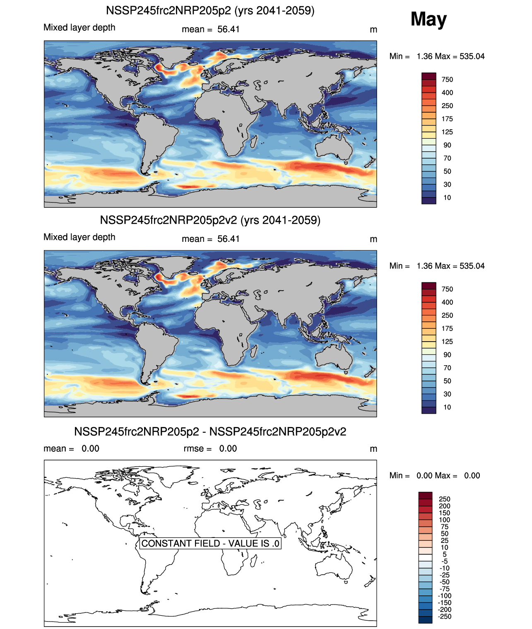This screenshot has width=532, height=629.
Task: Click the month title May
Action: click(428, 19)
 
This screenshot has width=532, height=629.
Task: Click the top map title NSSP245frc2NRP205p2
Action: click(210, 10)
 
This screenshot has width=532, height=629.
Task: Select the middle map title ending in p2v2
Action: click(210, 220)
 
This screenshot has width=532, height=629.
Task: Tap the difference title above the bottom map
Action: click(210, 431)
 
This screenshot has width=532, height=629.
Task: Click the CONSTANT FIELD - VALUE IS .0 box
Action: click(210, 543)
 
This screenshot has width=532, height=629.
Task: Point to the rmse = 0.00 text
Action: click(210, 448)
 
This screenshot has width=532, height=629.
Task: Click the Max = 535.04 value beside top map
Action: click(460, 56)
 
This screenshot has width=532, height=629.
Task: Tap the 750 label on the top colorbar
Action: click(447, 80)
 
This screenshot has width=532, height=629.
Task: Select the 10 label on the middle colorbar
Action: click(447, 407)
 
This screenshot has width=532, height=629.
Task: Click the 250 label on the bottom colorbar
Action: click(444, 499)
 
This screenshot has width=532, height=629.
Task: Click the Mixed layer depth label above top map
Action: click(79, 28)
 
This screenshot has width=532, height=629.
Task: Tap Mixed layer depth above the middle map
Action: click(79, 237)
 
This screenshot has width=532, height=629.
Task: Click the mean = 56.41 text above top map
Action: click(210, 29)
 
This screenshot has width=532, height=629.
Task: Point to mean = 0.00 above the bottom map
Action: click(71, 448)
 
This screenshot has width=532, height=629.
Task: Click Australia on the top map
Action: click(334, 149)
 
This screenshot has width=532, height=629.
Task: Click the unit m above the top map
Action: click(373, 30)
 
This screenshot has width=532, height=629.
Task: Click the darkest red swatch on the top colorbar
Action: click(428, 76)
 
